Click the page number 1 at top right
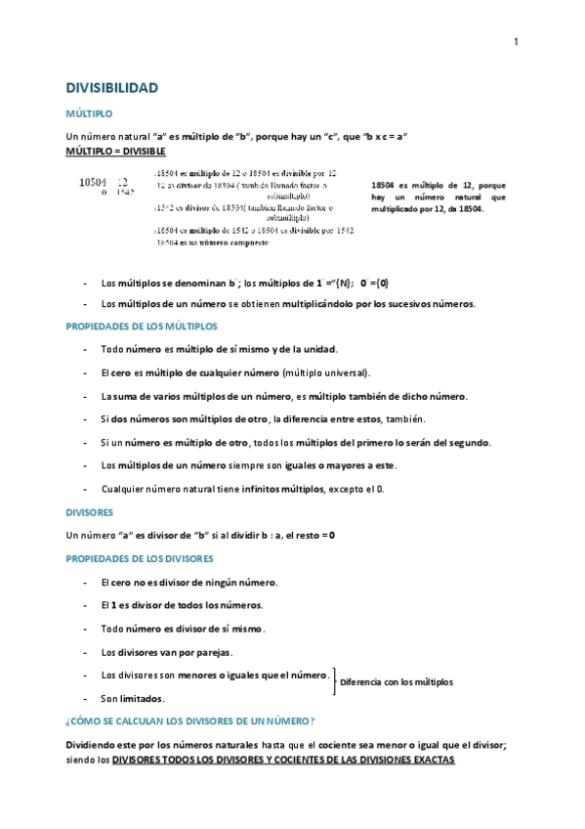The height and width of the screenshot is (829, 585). (516, 40)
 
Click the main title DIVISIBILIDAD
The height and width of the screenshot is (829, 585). (110, 88)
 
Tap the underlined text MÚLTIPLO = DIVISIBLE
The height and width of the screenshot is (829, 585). (115, 153)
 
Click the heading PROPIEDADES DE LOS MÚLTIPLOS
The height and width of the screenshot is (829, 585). (142, 326)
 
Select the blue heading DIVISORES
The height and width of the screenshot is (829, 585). (90, 511)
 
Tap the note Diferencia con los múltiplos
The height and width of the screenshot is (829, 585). (397, 681)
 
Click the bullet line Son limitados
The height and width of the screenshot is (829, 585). (133, 698)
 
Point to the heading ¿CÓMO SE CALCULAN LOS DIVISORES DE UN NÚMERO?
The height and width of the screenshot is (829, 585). (189, 721)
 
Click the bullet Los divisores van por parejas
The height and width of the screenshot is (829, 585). (167, 651)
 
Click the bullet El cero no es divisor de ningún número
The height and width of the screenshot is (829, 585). (189, 582)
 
